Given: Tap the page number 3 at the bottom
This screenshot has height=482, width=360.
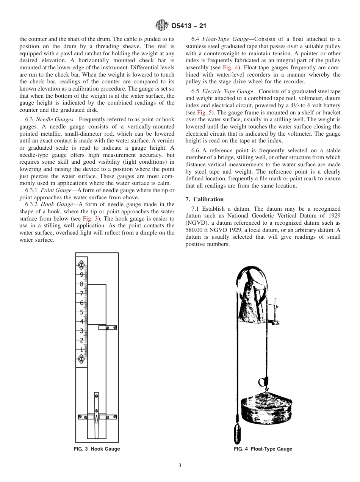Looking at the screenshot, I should click(x=180, y=466).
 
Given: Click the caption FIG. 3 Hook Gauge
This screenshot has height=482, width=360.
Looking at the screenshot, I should click(x=97, y=449).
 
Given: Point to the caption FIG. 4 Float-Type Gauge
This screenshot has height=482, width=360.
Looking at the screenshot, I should click(x=263, y=449).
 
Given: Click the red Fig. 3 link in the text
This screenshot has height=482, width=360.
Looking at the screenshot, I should click(x=91, y=219).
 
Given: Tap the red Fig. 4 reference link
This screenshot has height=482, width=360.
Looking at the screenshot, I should click(x=230, y=67).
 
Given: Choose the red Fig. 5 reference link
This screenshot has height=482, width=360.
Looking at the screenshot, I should click(x=201, y=113).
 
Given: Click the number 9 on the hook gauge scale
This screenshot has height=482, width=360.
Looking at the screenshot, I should click(x=81, y=275).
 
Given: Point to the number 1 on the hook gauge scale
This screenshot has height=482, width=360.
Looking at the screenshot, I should click(x=81, y=349).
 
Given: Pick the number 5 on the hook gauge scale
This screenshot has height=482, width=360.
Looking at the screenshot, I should click(x=81, y=312).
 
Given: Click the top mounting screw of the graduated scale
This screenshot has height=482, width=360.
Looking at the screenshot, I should click(x=81, y=264).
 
